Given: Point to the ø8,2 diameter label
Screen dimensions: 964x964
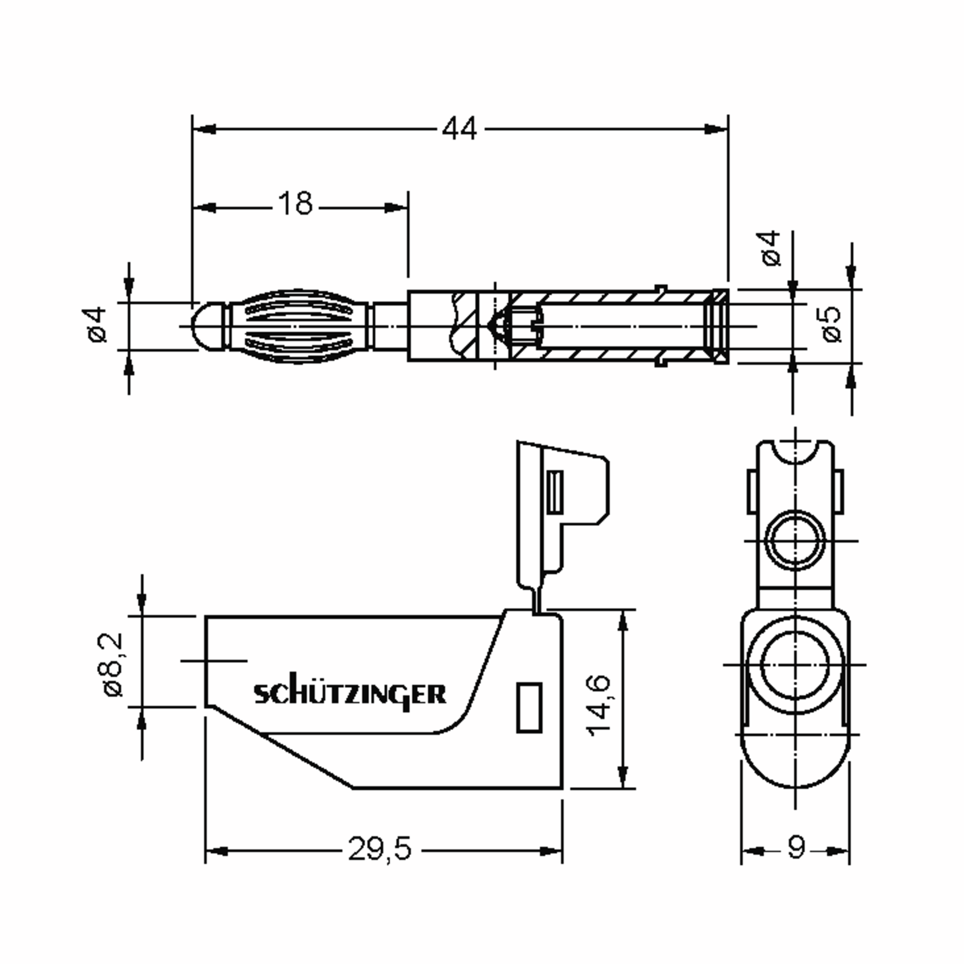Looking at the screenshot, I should point(113,665).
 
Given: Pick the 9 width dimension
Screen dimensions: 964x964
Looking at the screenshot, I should point(797,847).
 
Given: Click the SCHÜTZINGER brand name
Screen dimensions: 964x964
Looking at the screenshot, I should point(350,694).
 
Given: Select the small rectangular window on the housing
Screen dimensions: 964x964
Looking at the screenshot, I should point(529,707).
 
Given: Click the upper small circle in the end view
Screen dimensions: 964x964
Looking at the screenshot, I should point(795,540).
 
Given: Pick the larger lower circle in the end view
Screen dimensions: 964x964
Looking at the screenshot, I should point(795,665).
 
